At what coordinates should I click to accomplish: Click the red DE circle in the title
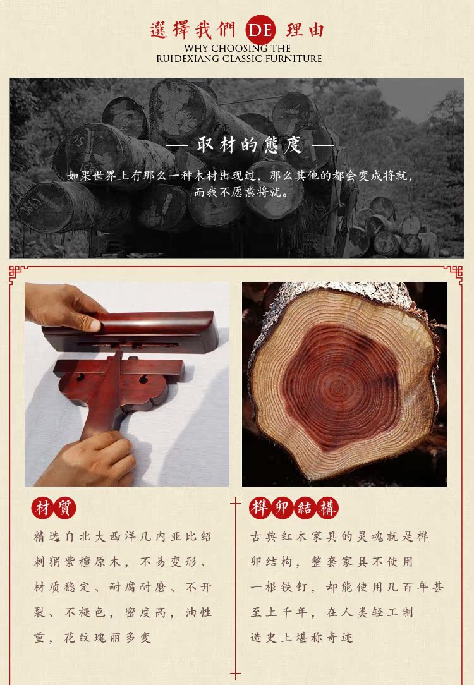click(x=260, y=30)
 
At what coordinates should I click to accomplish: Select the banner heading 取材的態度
click(x=250, y=145)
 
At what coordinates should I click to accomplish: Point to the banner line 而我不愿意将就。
click(x=241, y=192)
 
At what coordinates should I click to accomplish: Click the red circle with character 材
click(x=42, y=509)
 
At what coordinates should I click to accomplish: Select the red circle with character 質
click(x=65, y=509)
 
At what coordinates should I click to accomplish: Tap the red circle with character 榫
click(x=260, y=508)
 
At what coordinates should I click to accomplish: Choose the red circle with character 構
click(x=327, y=508)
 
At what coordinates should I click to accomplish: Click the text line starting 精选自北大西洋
click(x=123, y=536)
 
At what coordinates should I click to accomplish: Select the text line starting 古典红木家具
click(x=339, y=536)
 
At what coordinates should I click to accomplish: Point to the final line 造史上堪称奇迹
click(x=301, y=638)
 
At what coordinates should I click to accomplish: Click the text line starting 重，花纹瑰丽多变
click(x=93, y=638)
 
